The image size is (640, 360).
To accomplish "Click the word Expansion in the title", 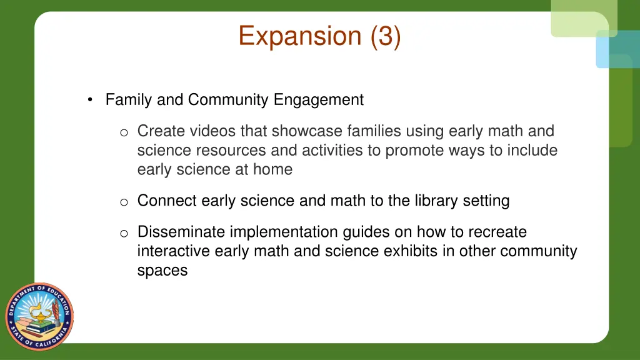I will [300, 36].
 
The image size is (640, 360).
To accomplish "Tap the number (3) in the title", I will [385, 36].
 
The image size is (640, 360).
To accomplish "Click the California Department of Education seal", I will [39, 316].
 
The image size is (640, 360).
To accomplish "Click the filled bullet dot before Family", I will [91, 100].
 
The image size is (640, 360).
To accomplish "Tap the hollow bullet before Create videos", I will [124, 132].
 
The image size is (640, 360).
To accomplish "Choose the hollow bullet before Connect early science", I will [124, 201].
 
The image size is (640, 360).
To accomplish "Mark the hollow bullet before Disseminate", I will [124, 233].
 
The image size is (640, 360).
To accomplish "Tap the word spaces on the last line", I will [162, 271].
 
